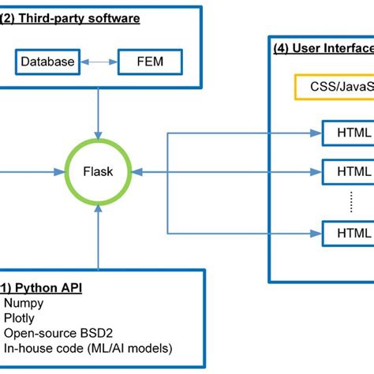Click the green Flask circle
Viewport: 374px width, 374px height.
(x=97, y=170)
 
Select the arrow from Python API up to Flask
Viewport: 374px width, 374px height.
(x=97, y=237)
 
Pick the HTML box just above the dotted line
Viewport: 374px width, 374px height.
(x=347, y=170)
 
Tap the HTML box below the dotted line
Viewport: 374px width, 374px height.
(x=347, y=233)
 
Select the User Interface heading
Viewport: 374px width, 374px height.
(x=324, y=48)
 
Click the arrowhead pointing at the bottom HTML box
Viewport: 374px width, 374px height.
(x=317, y=233)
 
